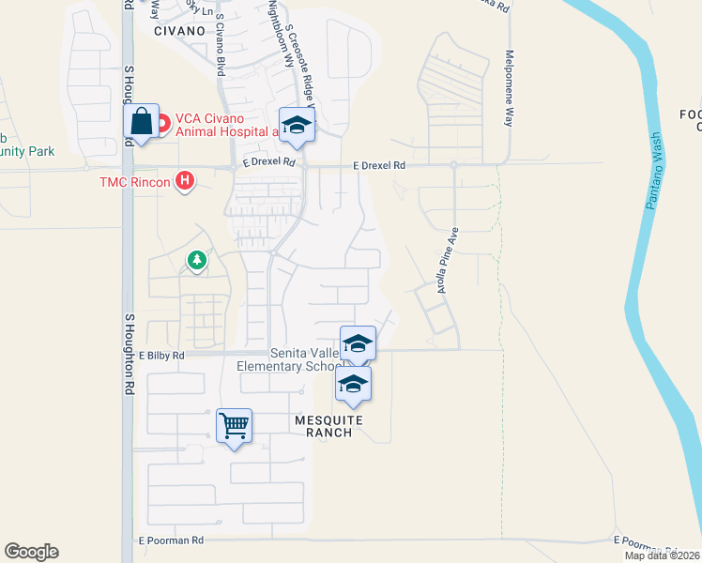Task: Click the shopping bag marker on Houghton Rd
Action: point(141,122)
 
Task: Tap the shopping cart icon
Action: point(234,426)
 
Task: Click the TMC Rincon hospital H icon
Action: point(186,180)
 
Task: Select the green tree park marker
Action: point(196,260)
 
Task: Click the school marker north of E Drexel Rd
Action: point(297,127)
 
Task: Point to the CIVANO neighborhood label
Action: point(180,30)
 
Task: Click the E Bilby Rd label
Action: point(161,357)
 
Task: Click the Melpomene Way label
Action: point(510,88)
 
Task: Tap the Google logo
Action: point(31,552)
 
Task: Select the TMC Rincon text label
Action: point(136,180)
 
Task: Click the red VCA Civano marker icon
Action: point(162,121)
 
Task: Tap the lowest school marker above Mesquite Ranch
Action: point(353,385)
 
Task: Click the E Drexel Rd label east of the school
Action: point(379,165)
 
